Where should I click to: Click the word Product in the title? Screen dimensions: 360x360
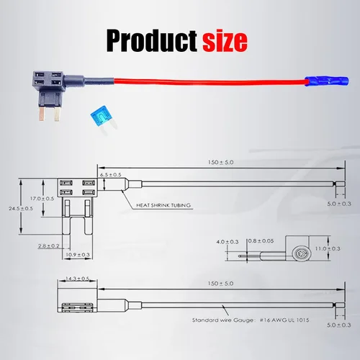[152, 40]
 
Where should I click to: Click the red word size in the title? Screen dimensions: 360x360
[225, 41]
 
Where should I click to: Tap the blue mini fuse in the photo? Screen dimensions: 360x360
[103, 120]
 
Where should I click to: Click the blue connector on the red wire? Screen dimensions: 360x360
[326, 81]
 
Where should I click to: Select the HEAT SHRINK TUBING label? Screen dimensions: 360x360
[163, 205]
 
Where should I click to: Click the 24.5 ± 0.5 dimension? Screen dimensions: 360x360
[21, 208]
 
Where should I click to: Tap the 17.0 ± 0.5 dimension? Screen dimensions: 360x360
[42, 199]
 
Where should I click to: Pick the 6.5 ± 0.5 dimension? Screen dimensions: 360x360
[111, 175]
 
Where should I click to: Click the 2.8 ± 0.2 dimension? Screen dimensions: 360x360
[48, 246]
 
